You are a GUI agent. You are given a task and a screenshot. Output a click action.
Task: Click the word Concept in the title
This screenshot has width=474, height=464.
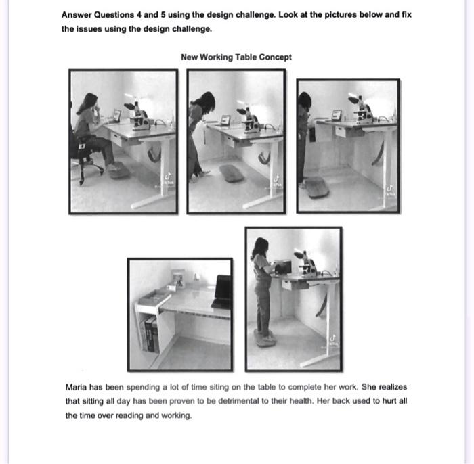276,57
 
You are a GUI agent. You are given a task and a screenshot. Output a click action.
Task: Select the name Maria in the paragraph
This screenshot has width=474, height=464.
77,387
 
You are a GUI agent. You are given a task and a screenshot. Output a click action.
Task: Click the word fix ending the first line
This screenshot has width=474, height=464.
406,14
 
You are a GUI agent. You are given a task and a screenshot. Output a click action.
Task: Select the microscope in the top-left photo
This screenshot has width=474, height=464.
140,116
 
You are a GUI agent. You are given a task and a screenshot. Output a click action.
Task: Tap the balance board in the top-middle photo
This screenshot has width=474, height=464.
232,173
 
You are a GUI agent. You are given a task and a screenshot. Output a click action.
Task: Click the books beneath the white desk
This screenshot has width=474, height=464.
150,335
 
